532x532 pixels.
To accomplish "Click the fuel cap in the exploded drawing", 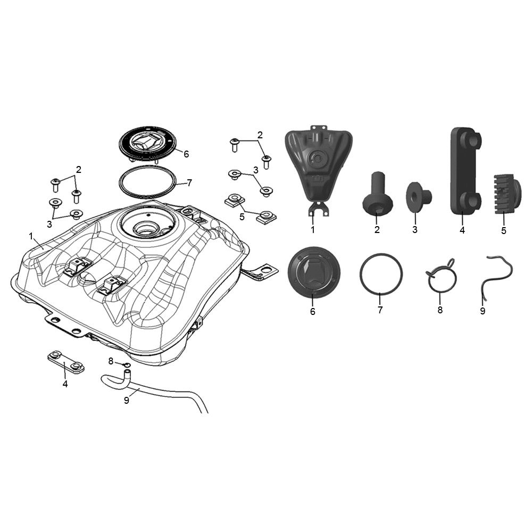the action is (147, 145).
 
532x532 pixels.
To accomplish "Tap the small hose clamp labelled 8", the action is (127, 365).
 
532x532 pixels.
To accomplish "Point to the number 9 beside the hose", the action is (127, 401).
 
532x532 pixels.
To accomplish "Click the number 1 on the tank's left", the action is (31, 236).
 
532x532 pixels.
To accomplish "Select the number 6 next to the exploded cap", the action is (186, 154).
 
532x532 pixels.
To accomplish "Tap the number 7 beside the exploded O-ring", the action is (189, 183).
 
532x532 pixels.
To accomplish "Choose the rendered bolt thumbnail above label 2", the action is (377, 193).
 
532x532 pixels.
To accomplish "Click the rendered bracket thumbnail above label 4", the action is (465, 171).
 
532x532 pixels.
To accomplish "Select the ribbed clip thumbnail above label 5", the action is (506, 194).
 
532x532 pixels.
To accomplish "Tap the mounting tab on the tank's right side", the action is (260, 271).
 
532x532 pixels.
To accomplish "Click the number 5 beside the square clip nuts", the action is (242, 217).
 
